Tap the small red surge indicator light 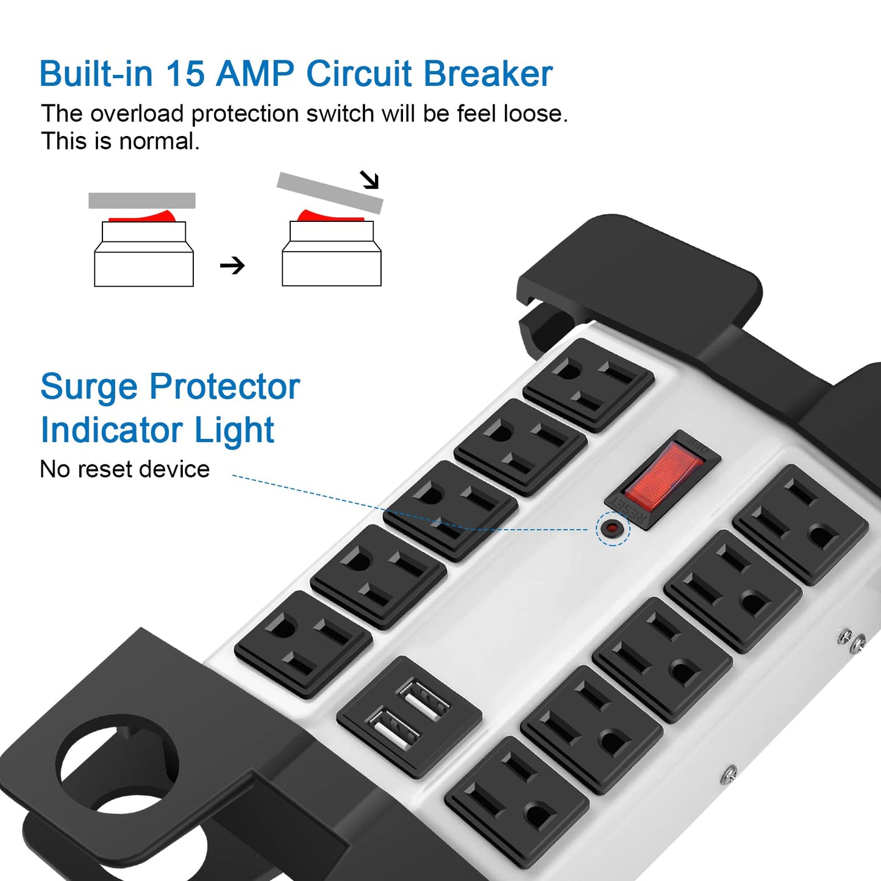(612, 528)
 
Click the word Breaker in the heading (487, 74)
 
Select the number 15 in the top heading (185, 74)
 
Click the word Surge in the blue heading (88, 387)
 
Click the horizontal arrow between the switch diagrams (232, 265)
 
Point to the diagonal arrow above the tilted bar (369, 179)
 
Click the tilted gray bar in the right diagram (330, 192)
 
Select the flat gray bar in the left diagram (141, 201)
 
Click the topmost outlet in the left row (588, 385)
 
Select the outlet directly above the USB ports (303, 644)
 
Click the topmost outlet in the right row (801, 524)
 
